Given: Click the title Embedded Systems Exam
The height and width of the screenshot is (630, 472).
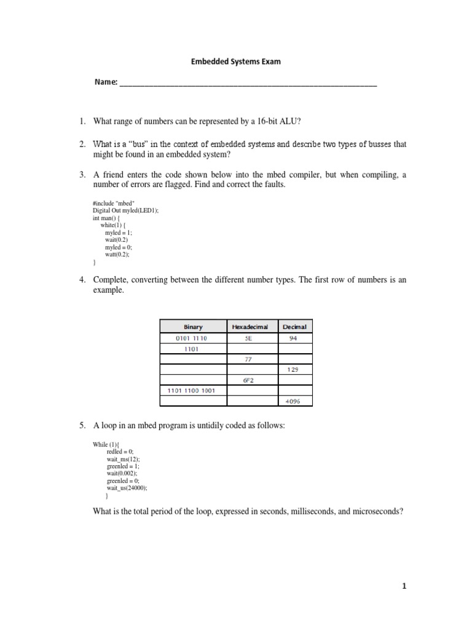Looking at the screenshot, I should tap(235, 62).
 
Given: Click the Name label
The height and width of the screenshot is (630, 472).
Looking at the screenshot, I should tap(105, 82).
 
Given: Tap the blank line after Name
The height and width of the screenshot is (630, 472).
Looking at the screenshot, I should tap(248, 84).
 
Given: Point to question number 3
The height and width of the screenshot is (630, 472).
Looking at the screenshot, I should tap(82, 175).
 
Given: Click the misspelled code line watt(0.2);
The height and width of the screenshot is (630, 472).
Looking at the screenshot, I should tap(118, 254).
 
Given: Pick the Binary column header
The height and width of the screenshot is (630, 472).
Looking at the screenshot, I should tap(193, 327).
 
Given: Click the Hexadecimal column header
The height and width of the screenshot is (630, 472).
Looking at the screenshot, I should tap(253, 327).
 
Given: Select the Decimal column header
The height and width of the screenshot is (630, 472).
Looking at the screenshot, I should tap(295, 327).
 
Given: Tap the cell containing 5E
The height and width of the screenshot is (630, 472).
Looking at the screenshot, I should tap(253, 338).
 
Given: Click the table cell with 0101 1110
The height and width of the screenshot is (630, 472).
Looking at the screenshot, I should tap(193, 338).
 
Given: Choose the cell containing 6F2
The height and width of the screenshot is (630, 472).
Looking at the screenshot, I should tap(253, 380).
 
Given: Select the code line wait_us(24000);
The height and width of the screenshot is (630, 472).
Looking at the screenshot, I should tap(127, 488).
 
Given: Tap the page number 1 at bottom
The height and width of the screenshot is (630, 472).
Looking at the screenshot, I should tap(404, 586).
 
